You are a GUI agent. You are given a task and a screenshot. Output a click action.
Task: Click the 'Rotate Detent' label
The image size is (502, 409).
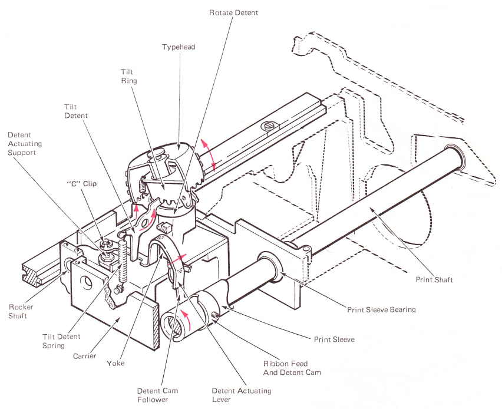tap(234, 12)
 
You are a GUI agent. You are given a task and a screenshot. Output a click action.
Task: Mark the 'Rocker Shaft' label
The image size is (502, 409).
tap(22, 311)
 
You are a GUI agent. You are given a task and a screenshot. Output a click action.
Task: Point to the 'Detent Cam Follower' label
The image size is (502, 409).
tap(157, 395)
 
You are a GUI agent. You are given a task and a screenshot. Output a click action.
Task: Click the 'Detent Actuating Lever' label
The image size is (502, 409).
tap(242, 395)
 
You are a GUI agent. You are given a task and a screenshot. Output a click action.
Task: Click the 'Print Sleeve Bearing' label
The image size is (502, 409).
tap(381, 309)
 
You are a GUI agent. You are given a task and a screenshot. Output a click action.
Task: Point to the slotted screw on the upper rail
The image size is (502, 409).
tap(271, 126)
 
